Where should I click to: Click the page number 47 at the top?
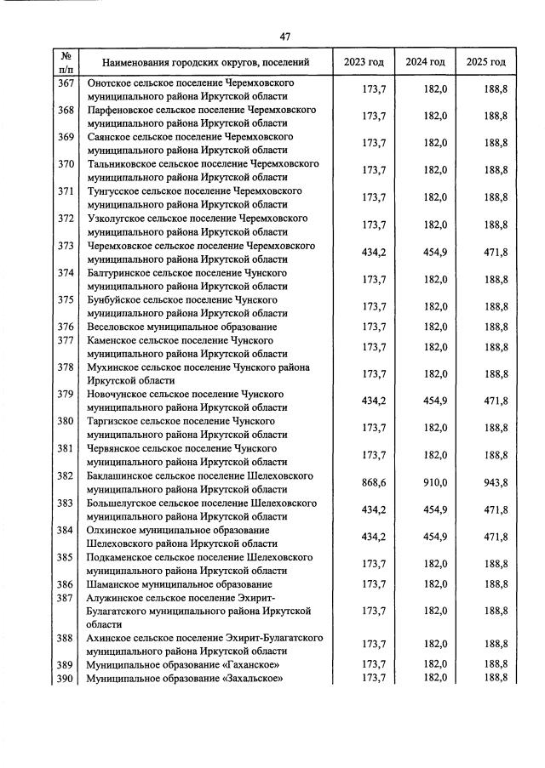pos(285,36)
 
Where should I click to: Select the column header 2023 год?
pos(364,62)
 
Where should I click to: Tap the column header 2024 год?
pos(425,62)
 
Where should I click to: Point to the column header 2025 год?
pos(486,62)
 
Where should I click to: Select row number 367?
pos(66,83)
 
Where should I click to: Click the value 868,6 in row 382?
pos(374,482)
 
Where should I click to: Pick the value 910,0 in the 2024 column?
pos(434,482)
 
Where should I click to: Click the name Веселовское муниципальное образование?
pos(182,327)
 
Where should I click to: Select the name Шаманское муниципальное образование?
pos(180,584)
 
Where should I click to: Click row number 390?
pos(66,677)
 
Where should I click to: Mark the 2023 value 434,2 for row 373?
pos(374,253)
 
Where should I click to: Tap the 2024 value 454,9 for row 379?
pos(434,401)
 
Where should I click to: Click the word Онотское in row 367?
pos(110,83)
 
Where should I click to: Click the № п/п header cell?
pos(66,62)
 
